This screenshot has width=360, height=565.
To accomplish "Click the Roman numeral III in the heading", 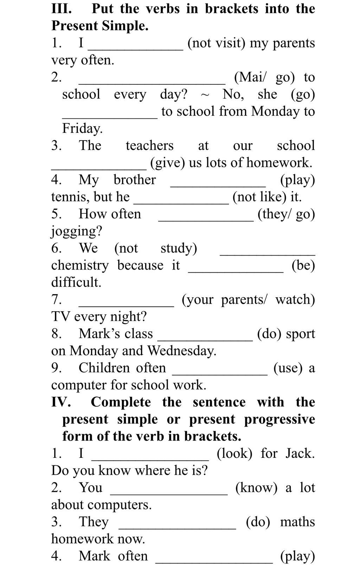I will [x=62, y=8].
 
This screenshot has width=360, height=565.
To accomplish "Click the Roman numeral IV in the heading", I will [x=61, y=402].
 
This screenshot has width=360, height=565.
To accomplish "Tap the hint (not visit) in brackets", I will [x=216, y=43].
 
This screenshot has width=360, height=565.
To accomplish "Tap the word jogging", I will [x=77, y=231].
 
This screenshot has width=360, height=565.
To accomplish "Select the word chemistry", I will [x=80, y=265].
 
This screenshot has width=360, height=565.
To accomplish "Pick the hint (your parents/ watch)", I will [x=248, y=299].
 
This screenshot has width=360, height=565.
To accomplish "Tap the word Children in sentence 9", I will [x=104, y=368].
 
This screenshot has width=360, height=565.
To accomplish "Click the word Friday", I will [x=82, y=129].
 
